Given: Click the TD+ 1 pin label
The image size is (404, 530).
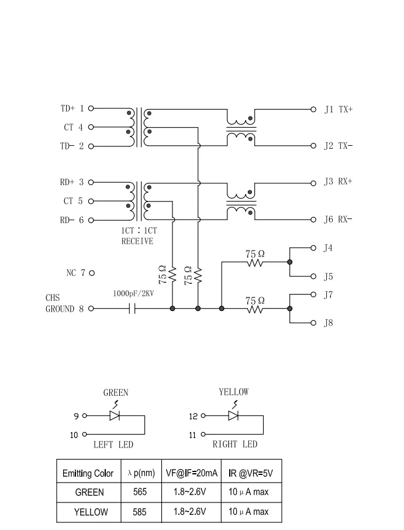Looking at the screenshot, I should coord(72,108).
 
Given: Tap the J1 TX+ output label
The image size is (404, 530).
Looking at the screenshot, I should coord(339,108).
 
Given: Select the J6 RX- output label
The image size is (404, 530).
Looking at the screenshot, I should coord(339,220).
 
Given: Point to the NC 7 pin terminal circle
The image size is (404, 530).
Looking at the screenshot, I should coord(92,273).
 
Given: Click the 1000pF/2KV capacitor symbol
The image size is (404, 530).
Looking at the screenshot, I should coord(134,308).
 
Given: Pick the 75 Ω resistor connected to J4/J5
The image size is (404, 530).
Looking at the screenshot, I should coord(254,262).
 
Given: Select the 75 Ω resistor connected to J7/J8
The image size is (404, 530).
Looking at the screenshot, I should coord(254,308).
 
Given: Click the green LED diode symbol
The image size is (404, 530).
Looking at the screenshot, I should coord(115,416).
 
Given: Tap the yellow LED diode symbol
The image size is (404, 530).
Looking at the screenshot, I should coord(234,416).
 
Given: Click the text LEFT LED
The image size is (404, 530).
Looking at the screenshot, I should coord(113,444).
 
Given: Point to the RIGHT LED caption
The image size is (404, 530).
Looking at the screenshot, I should coord(234,444).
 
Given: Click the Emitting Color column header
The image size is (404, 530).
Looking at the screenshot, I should coord(88,473).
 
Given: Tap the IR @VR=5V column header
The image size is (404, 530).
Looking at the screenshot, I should coord(250,473).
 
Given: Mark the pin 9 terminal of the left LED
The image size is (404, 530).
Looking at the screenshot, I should coord(84,416).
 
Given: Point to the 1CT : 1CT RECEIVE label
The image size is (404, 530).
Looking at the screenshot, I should coord(137,236).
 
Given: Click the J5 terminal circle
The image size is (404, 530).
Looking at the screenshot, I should coord(313,276).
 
